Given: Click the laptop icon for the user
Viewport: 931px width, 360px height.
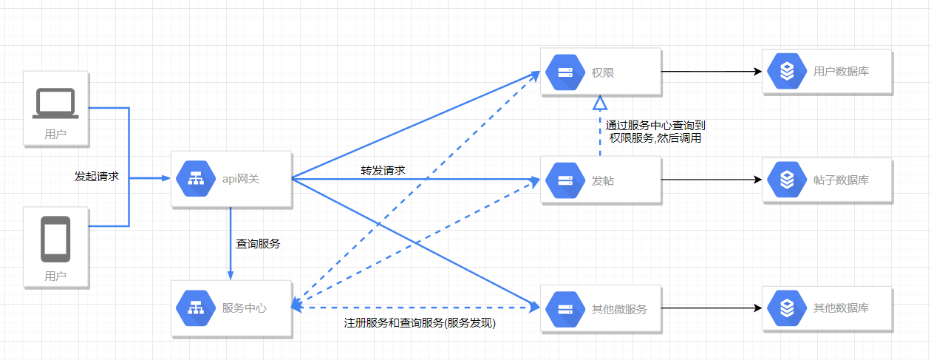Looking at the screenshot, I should pyautogui.click(x=55, y=103).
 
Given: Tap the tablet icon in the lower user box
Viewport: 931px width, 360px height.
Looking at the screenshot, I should pyautogui.click(x=55, y=239).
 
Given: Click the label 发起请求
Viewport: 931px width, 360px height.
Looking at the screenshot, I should pyautogui.click(x=97, y=177).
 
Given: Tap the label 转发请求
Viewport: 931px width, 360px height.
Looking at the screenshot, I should pyautogui.click(x=383, y=170).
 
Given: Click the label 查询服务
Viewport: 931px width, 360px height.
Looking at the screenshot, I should pyautogui.click(x=258, y=243).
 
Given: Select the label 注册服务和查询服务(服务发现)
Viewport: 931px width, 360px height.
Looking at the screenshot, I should pyautogui.click(x=419, y=323).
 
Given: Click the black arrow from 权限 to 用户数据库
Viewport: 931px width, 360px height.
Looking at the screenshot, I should pyautogui.click(x=709, y=72).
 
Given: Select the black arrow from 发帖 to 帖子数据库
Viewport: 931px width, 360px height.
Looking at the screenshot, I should pyautogui.click(x=709, y=180).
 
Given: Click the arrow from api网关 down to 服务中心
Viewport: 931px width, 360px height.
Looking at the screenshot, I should pyautogui.click(x=231, y=244).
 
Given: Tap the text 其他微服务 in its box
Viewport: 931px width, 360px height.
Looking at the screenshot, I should pyautogui.click(x=619, y=309).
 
